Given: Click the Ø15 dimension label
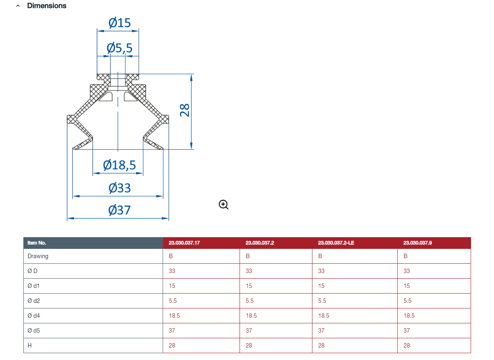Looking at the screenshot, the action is pyautogui.click(x=120, y=23).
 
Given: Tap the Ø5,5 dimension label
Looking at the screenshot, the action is pyautogui.click(x=120, y=48).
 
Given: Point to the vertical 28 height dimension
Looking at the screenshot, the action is pyautogui.click(x=184, y=110).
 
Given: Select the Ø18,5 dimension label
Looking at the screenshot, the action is pyautogui.click(x=120, y=165).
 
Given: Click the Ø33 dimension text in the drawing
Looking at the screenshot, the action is pyautogui.click(x=120, y=188).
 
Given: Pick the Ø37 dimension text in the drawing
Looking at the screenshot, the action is pyautogui.click(x=120, y=210).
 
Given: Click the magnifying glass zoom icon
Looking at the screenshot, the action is pyautogui.click(x=223, y=205).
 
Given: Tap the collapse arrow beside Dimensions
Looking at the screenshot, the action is pyautogui.click(x=18, y=6).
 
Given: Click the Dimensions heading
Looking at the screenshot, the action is pyautogui.click(x=47, y=6).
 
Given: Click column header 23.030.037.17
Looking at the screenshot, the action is pyautogui.click(x=184, y=243).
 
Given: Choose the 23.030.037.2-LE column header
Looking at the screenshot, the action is pyautogui.click(x=336, y=243).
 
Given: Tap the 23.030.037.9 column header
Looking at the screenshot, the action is pyautogui.click(x=418, y=243).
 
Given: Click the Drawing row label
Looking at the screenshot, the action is pyautogui.click(x=38, y=257).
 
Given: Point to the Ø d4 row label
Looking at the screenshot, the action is pyautogui.click(x=33, y=316).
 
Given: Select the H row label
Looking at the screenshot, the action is pyautogui.click(x=29, y=346).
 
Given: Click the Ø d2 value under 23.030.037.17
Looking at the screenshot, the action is pyautogui.click(x=173, y=301).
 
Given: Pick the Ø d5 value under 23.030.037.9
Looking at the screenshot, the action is pyautogui.click(x=407, y=331).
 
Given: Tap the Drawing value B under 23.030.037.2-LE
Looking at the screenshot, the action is pyautogui.click(x=320, y=256).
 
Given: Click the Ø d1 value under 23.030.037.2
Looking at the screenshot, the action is pyautogui.click(x=249, y=286).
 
